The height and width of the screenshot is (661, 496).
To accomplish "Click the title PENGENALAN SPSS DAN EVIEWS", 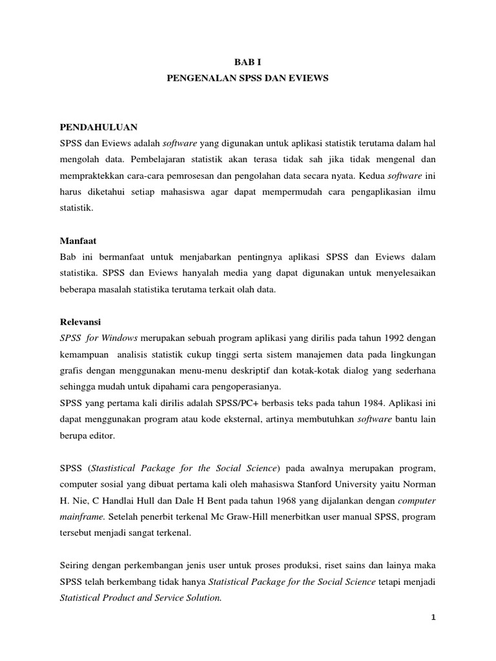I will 248,77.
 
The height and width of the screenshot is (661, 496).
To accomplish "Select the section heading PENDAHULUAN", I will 96,127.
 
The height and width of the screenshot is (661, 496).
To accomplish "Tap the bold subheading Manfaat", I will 78,240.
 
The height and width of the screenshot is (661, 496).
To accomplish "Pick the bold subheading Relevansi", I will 81,321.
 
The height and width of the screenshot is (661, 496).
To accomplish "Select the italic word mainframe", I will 82,517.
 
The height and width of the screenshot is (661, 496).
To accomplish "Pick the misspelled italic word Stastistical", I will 121,467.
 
